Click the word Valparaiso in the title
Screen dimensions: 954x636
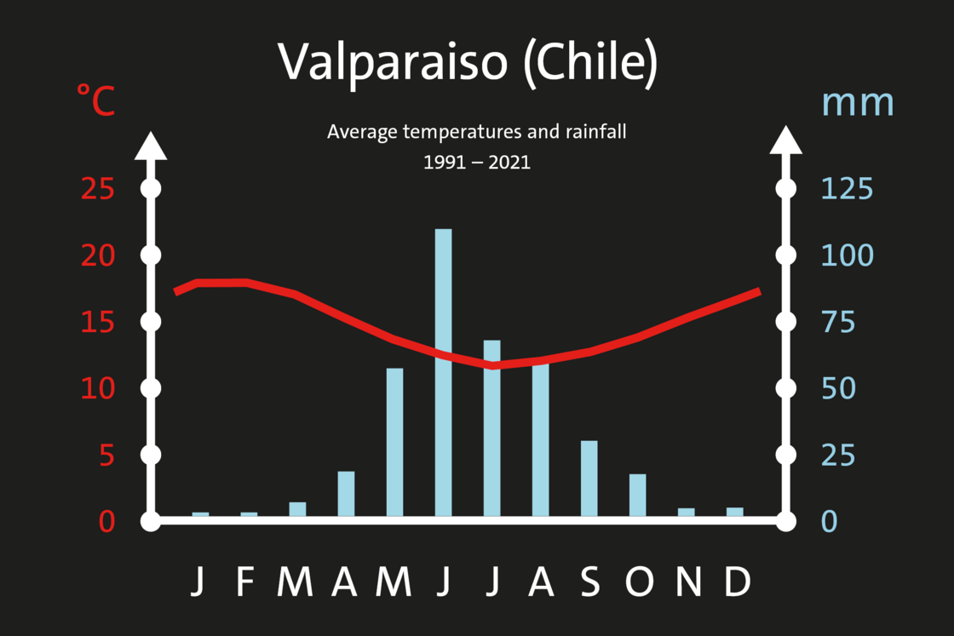click(x=393, y=62)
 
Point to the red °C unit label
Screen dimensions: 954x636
click(x=95, y=100)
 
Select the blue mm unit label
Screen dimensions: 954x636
click(x=857, y=103)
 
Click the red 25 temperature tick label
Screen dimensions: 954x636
click(x=97, y=189)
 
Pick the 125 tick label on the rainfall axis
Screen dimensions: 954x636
click(x=847, y=189)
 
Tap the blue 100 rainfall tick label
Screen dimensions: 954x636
click(x=847, y=255)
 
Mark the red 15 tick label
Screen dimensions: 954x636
click(x=97, y=322)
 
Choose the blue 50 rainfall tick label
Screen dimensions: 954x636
click(x=838, y=388)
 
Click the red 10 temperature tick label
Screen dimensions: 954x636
click(x=97, y=388)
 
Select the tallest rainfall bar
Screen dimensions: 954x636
click(x=444, y=373)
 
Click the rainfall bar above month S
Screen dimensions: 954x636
click(x=589, y=478)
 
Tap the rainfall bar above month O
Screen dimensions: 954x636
click(x=638, y=496)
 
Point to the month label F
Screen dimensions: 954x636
click(x=245, y=582)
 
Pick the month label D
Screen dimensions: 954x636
click(x=738, y=582)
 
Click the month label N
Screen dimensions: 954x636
click(x=689, y=582)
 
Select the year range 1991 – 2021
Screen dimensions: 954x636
click(x=477, y=163)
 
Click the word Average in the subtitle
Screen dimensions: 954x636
click(x=363, y=132)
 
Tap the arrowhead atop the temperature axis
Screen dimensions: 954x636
click(x=151, y=146)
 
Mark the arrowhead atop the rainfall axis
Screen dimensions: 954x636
click(x=786, y=140)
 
